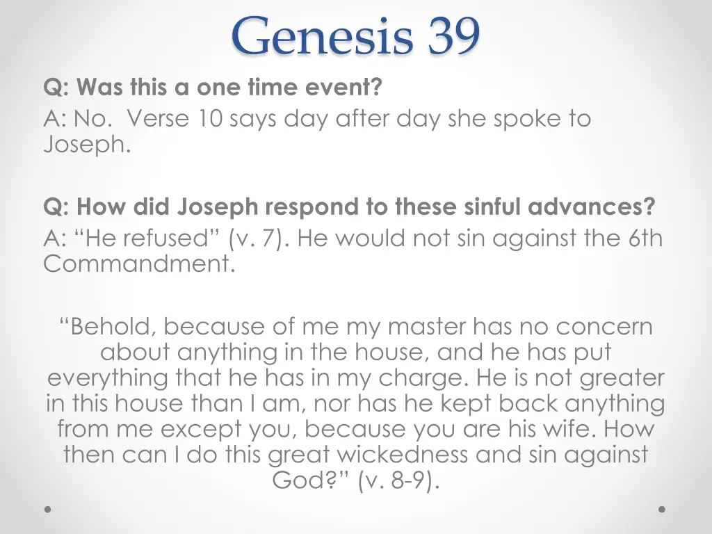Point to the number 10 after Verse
tap(206, 119)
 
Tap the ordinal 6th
tap(646, 238)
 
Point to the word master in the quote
tap(427, 326)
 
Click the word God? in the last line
tap(311, 480)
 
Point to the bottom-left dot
tap(48, 510)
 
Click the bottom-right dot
tap(662, 510)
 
